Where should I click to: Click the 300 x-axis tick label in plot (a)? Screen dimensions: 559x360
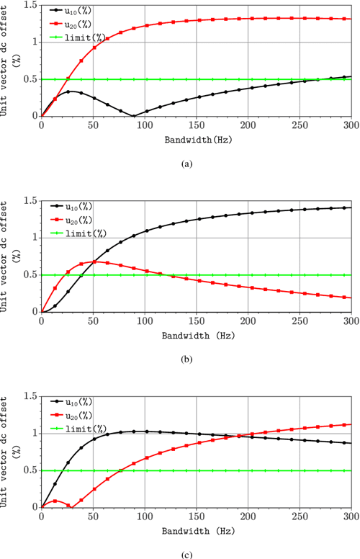(351, 124)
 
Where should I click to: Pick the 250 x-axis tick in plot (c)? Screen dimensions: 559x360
(300, 515)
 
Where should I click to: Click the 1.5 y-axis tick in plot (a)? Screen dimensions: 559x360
(30, 5)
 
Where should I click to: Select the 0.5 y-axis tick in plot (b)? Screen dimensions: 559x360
(30, 274)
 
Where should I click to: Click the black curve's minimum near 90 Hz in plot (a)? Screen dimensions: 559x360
(133, 115)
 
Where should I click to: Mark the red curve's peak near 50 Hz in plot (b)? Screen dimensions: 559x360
(94, 261)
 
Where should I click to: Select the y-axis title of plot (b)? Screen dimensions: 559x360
(10, 256)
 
